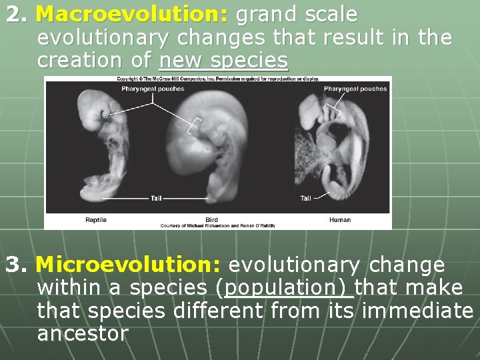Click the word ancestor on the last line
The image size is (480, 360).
(x=82, y=334)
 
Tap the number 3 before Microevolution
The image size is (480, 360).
(x=14, y=265)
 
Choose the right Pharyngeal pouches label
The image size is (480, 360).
(x=355, y=89)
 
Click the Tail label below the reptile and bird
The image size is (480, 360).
(x=156, y=198)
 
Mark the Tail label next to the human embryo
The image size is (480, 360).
(x=305, y=198)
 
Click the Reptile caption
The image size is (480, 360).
(x=96, y=220)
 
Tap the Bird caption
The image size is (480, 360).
(x=211, y=220)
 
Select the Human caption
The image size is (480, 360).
(x=340, y=220)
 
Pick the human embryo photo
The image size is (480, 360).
(x=333, y=147)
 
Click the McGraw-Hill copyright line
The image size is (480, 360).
(x=217, y=79)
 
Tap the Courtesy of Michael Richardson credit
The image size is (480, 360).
(x=217, y=226)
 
